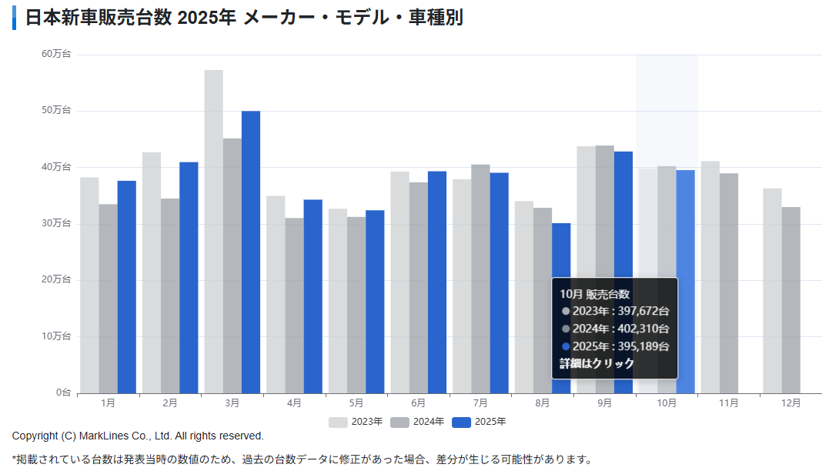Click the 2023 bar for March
point(213,231)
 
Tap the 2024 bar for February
point(170,296)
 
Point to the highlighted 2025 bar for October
point(686,282)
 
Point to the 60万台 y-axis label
point(56,54)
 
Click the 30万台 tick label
point(56,223)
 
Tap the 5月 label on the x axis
point(356,403)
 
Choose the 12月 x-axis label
point(791,403)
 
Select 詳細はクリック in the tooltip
point(597,363)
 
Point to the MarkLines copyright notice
point(138,436)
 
